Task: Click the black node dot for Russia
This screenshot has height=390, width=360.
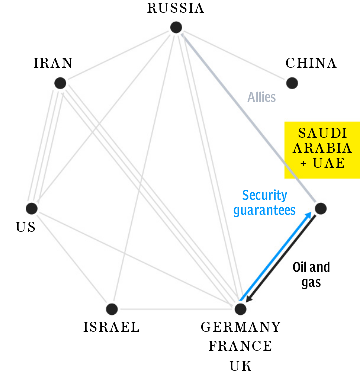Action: coord(176,28)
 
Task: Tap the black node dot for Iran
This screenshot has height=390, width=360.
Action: coord(60,83)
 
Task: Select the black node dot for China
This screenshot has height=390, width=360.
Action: coord(292,83)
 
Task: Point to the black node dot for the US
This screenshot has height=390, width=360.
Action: coord(32,208)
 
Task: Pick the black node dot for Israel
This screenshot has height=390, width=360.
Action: coord(112,310)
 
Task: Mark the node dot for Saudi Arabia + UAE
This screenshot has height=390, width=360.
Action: coord(320,208)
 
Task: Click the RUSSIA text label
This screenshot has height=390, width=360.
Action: coord(176,8)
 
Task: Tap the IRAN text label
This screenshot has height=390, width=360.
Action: coord(53,63)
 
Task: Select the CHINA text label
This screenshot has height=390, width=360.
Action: coord(311,63)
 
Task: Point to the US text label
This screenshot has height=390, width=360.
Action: coord(25,227)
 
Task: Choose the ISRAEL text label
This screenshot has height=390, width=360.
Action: coord(111,327)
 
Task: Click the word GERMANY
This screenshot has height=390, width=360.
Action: coord(241,327)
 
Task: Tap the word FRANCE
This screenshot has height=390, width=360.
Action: coord(241,346)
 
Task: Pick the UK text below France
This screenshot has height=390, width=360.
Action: coord(241,366)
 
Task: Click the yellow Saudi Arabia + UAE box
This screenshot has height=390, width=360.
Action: coord(322,149)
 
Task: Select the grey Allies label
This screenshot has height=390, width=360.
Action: coord(262,97)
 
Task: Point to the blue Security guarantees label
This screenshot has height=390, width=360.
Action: coord(264,203)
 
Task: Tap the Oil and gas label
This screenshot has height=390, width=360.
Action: coord(311,274)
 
